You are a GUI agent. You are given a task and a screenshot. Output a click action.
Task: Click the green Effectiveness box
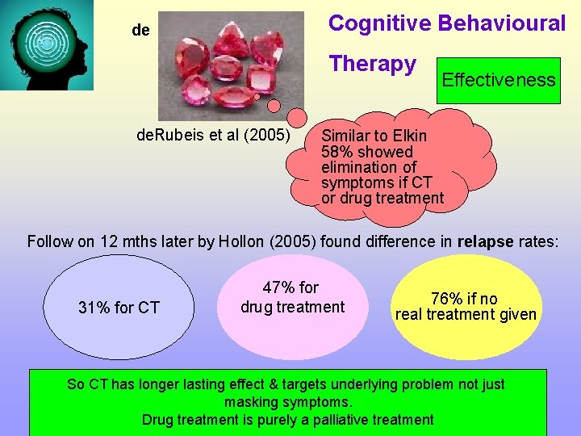[x=498, y=80]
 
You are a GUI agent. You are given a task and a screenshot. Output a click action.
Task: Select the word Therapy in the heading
[x=372, y=64]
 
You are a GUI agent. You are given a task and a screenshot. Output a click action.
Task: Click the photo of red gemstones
[x=231, y=65]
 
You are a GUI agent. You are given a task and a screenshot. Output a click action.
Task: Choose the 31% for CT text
[x=119, y=308]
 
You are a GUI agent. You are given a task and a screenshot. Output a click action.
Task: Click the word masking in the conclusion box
[x=251, y=401]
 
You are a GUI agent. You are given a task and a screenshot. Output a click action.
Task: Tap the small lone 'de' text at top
[x=140, y=31]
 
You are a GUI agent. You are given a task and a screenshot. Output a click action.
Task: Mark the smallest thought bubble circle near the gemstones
[x=257, y=96]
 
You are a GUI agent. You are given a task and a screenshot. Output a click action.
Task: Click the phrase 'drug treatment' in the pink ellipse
[x=292, y=307]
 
